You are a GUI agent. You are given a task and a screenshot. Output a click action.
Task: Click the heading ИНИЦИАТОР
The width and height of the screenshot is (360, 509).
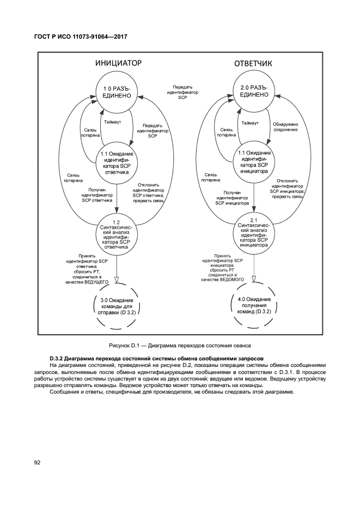(x=118, y=63)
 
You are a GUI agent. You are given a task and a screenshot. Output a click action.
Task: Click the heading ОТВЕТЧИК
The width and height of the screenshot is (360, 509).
(x=253, y=64)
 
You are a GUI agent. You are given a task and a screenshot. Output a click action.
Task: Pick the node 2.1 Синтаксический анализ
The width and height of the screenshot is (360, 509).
(x=254, y=232)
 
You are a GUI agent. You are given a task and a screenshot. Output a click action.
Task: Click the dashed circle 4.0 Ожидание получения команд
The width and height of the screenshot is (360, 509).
(x=254, y=306)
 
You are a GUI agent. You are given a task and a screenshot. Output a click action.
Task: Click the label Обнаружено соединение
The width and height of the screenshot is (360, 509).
(x=285, y=127)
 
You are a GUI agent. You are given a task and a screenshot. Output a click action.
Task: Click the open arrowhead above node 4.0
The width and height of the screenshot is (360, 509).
(x=254, y=281)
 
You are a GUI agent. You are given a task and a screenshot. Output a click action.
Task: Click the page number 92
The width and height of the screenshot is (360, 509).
(x=38, y=463)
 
